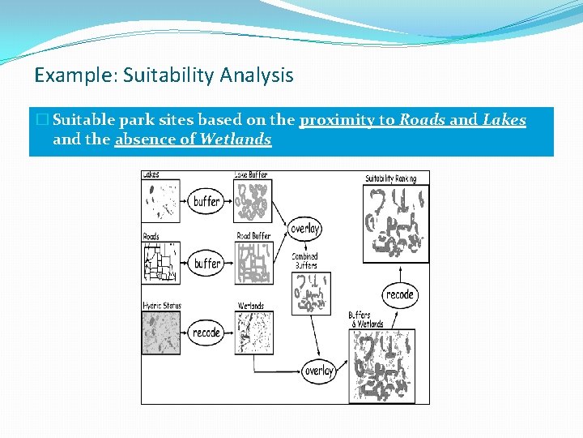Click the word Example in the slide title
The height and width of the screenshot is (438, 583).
coord(64,76)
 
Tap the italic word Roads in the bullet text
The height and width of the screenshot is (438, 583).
coord(422,121)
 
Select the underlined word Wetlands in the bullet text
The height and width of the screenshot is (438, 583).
coord(235,140)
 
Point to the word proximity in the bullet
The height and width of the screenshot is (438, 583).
coord(346,121)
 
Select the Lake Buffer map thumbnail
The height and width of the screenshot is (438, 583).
coord(253,201)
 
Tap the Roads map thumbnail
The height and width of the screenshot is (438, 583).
coord(160,262)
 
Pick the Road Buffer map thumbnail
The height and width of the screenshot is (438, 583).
coord(253,263)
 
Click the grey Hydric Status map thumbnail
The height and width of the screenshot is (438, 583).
coord(160,333)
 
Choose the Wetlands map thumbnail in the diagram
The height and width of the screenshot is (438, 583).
coord(253,333)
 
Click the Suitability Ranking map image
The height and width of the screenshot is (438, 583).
coord(395,223)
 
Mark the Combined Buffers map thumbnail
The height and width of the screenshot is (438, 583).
coord(312,293)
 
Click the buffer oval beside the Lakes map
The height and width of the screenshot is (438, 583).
coord(206,201)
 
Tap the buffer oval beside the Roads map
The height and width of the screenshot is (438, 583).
coord(206,263)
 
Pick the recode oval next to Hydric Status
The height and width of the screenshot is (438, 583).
coord(206,333)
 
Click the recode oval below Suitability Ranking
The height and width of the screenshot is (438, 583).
coord(400,294)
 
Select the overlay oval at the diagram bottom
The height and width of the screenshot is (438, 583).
coord(318,371)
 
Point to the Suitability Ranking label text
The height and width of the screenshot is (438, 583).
coord(390,178)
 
